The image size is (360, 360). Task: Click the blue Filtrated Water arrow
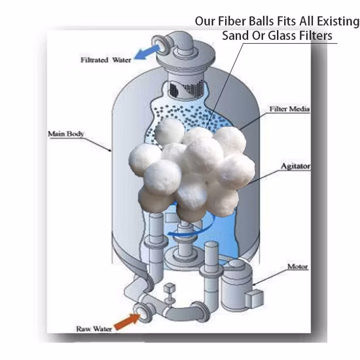pyautogui.click(x=147, y=52)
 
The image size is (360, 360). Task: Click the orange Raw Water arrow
pyautogui.click(x=127, y=321)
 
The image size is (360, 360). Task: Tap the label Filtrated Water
pyautogui.click(x=106, y=60)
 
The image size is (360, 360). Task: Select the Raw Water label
pyautogui.click(x=94, y=329)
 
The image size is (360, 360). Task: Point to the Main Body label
pyautogui.click(x=66, y=134)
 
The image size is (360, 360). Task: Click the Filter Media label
pyautogui.click(x=289, y=109)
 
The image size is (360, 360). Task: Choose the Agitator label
pyautogui.click(x=295, y=166)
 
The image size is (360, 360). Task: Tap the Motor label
pyautogui.click(x=298, y=266)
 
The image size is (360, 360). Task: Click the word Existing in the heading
pyautogui.click(x=338, y=21)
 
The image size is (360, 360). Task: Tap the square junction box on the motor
pyautogui.click(x=254, y=298)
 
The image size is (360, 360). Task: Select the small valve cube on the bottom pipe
pyautogui.click(x=170, y=287)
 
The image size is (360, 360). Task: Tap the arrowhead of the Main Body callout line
pyautogui.click(x=110, y=151)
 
